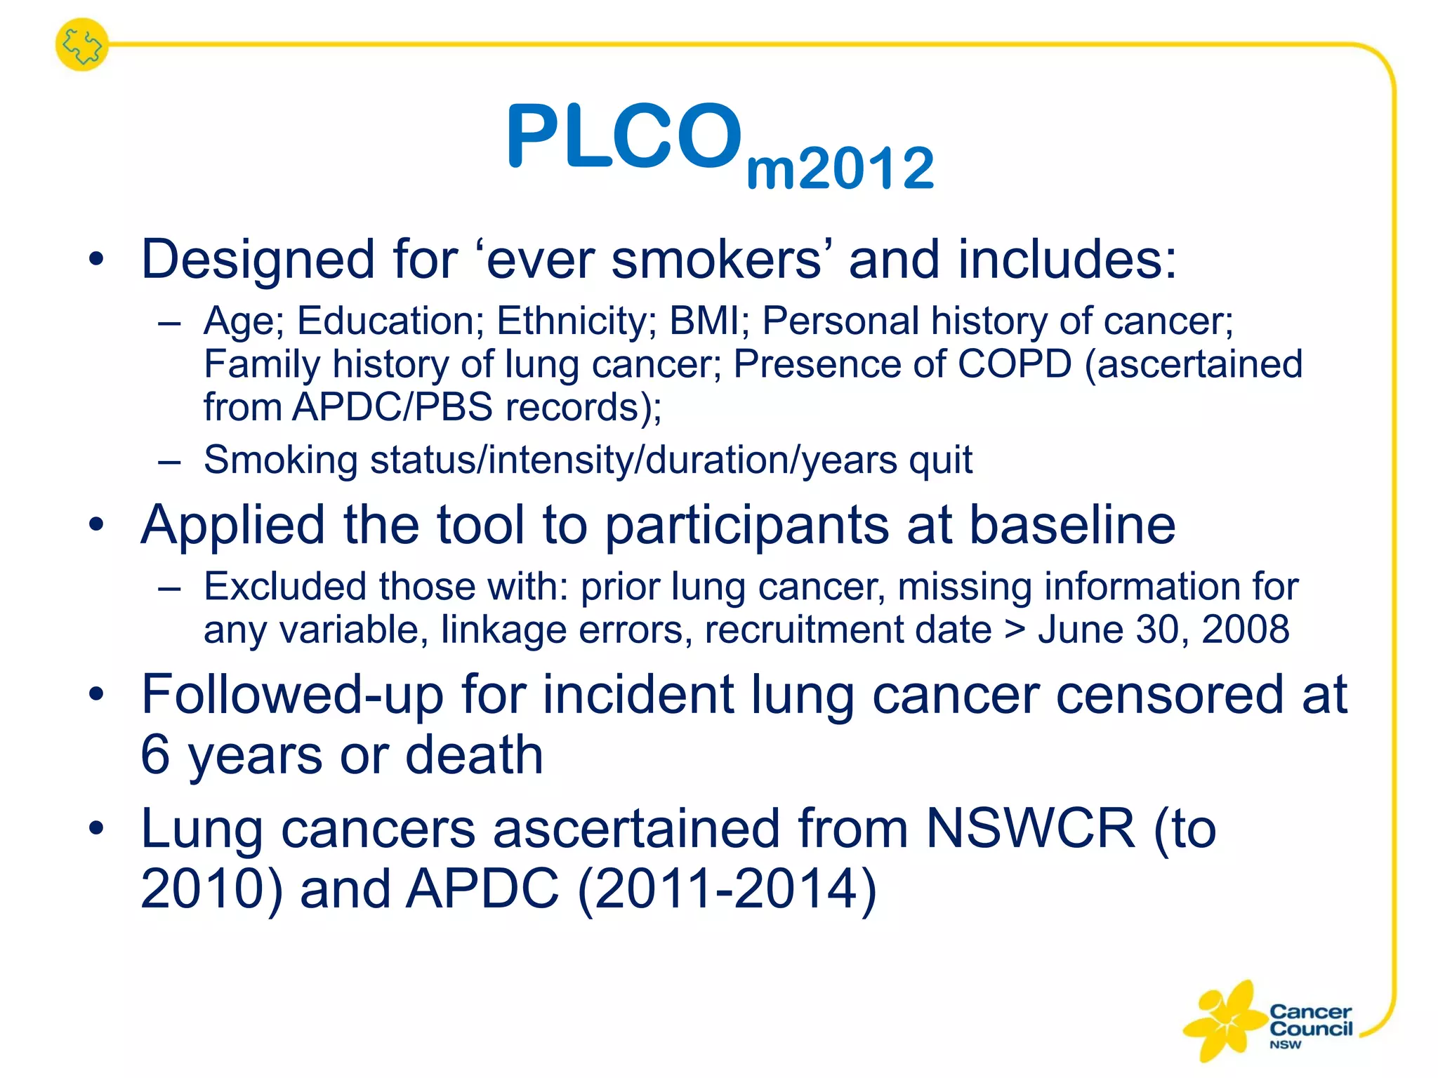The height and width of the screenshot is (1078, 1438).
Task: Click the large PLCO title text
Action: click(624, 137)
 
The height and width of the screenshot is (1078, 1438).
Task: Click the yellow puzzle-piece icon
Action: click(82, 45)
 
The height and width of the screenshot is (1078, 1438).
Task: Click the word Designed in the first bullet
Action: click(257, 260)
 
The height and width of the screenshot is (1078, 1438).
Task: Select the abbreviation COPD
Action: click(1014, 364)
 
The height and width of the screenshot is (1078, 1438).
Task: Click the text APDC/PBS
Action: click(393, 408)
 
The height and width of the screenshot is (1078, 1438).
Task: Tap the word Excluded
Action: click(285, 586)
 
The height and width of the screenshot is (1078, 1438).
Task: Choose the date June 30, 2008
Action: click(1163, 630)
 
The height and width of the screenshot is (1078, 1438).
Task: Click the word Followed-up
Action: click(291, 695)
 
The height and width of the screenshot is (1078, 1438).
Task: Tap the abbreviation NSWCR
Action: click(1030, 829)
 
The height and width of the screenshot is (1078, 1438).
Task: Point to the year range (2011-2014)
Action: click(727, 889)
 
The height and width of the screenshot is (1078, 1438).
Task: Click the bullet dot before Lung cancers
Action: click(96, 828)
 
